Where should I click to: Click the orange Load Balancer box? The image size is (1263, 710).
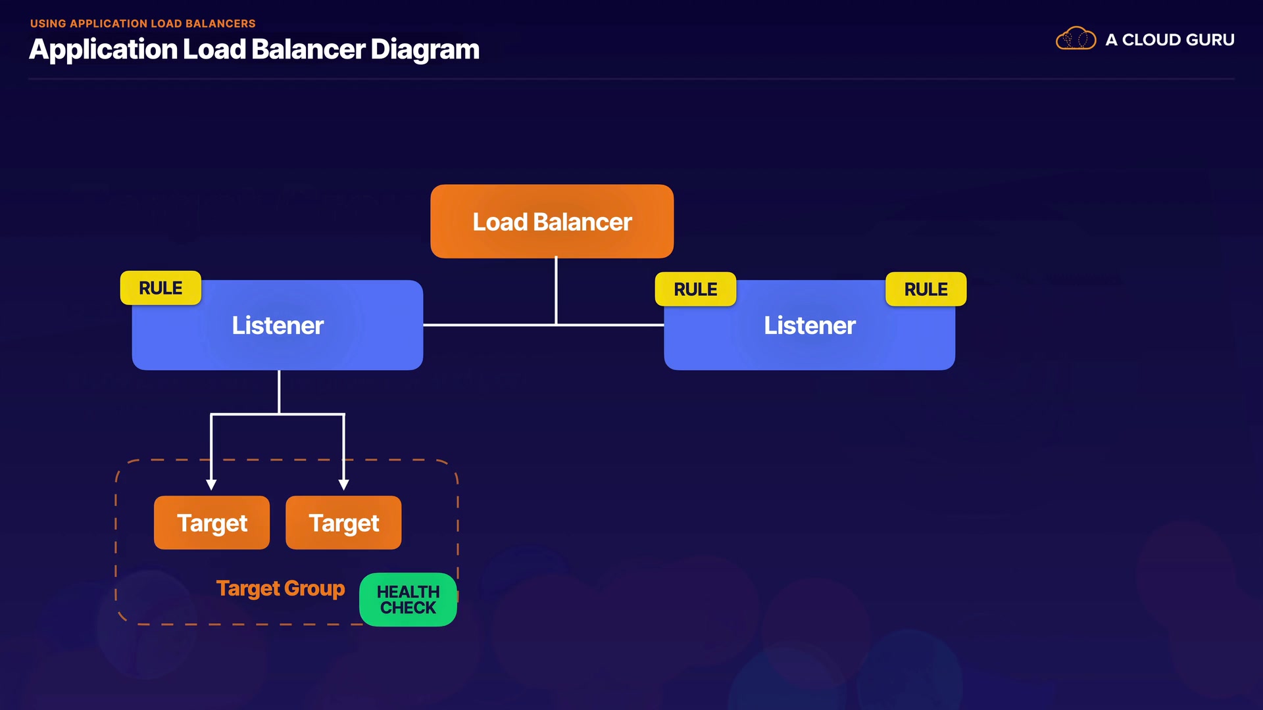click(552, 222)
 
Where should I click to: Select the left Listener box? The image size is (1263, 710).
click(278, 325)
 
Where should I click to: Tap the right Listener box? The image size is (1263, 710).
click(809, 325)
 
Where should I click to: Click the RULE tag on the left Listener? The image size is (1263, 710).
click(161, 288)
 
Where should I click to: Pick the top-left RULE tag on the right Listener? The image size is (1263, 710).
click(695, 289)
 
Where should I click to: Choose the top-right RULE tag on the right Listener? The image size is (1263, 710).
click(926, 289)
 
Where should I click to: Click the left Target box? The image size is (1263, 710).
click(212, 523)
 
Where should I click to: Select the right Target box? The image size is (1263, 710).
click(343, 523)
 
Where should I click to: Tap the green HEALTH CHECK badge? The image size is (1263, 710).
click(408, 600)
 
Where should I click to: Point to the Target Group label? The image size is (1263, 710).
click(280, 588)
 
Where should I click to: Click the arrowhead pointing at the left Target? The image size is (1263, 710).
click(211, 485)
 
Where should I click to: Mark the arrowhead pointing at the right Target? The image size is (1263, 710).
click(343, 485)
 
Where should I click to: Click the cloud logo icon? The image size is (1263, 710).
click(1076, 39)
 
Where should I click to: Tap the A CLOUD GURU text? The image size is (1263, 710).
click(1170, 40)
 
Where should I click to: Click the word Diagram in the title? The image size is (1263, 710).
click(425, 50)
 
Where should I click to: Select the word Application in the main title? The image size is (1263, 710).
click(103, 50)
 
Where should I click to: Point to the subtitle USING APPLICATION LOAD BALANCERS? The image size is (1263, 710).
click(143, 24)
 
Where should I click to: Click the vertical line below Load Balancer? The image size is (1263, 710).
click(556, 289)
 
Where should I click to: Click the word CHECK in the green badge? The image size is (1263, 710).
click(408, 608)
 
